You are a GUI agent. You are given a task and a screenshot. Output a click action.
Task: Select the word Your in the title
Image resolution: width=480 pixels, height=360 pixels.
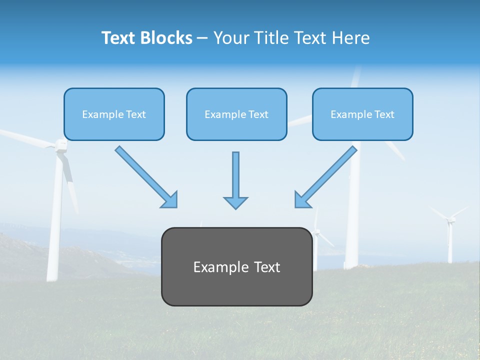tap(231, 38)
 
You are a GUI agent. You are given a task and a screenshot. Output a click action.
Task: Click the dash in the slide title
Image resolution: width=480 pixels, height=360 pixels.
tap(202, 38)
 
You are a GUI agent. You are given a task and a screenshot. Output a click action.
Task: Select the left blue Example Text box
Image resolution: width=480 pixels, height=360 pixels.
tap(114, 114)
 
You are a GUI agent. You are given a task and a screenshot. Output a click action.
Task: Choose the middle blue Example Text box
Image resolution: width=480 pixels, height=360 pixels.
tap(236, 114)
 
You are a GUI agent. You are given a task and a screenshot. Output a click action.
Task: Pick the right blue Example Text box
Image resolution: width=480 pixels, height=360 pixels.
tap(362, 114)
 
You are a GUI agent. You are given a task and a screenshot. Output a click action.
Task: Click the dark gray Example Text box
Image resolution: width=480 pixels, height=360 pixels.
tap(237, 285)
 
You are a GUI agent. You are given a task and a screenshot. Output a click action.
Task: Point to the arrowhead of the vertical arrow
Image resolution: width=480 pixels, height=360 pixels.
tap(235, 202)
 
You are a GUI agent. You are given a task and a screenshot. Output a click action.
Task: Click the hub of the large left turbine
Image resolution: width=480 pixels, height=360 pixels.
tap(60, 145)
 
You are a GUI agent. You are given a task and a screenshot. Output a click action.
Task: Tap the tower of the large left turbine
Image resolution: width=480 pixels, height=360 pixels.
tap(54, 225)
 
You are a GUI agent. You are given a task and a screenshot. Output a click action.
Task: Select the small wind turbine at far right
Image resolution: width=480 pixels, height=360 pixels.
tap(450, 235)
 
